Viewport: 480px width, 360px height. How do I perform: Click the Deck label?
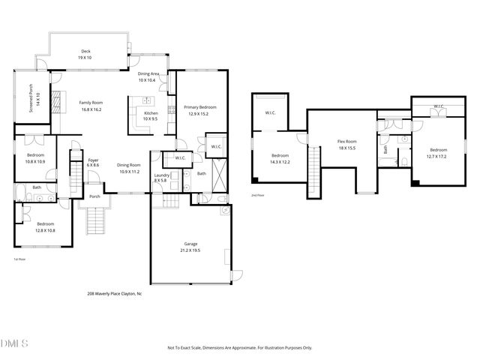(86, 52)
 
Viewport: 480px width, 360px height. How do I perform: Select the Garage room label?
(190, 244)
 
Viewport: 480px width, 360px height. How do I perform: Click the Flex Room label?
(346, 141)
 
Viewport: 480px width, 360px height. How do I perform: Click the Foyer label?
(93, 160)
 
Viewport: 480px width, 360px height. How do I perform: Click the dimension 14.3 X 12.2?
(280, 162)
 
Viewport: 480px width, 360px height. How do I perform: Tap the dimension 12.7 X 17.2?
(436, 156)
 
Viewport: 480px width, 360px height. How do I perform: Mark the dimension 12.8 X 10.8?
(45, 229)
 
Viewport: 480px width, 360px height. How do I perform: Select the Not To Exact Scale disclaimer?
(239, 348)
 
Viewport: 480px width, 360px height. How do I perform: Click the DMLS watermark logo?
(14, 344)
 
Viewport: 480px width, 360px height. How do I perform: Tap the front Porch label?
(94, 196)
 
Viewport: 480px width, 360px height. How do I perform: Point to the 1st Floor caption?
(20, 259)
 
